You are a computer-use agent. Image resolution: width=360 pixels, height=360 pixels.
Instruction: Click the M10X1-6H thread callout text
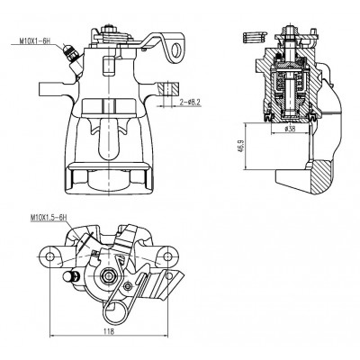(x=34, y=41)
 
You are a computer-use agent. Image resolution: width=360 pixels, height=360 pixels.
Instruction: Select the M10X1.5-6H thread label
(x=48, y=218)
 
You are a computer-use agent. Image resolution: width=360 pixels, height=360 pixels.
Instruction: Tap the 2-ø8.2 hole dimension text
(x=190, y=103)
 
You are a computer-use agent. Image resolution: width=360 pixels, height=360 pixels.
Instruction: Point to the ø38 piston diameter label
(x=289, y=129)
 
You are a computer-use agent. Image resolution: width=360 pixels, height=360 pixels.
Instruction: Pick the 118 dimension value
(x=109, y=331)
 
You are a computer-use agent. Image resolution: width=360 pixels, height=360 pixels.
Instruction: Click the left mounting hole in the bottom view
(x=50, y=256)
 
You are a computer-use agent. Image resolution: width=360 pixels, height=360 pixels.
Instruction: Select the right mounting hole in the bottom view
(x=168, y=256)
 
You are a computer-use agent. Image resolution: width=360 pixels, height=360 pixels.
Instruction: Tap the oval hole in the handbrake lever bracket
(x=176, y=49)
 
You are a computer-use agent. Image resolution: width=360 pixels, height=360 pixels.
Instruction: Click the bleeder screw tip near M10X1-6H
(x=66, y=48)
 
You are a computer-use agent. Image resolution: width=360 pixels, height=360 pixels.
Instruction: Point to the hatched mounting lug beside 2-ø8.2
(x=169, y=88)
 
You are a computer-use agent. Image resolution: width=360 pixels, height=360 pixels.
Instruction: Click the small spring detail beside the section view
(x=255, y=37)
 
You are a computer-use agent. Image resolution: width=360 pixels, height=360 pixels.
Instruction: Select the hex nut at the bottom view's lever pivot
(x=107, y=274)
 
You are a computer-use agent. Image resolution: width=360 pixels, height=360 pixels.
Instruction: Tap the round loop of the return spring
(x=115, y=311)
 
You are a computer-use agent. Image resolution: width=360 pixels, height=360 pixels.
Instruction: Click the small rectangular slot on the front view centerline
(x=108, y=65)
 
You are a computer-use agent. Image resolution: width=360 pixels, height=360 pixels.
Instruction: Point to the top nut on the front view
(x=109, y=29)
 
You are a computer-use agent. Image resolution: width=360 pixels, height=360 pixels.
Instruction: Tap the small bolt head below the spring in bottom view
(x=128, y=285)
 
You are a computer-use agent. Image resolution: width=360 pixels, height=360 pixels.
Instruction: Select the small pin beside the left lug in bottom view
(x=70, y=276)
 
